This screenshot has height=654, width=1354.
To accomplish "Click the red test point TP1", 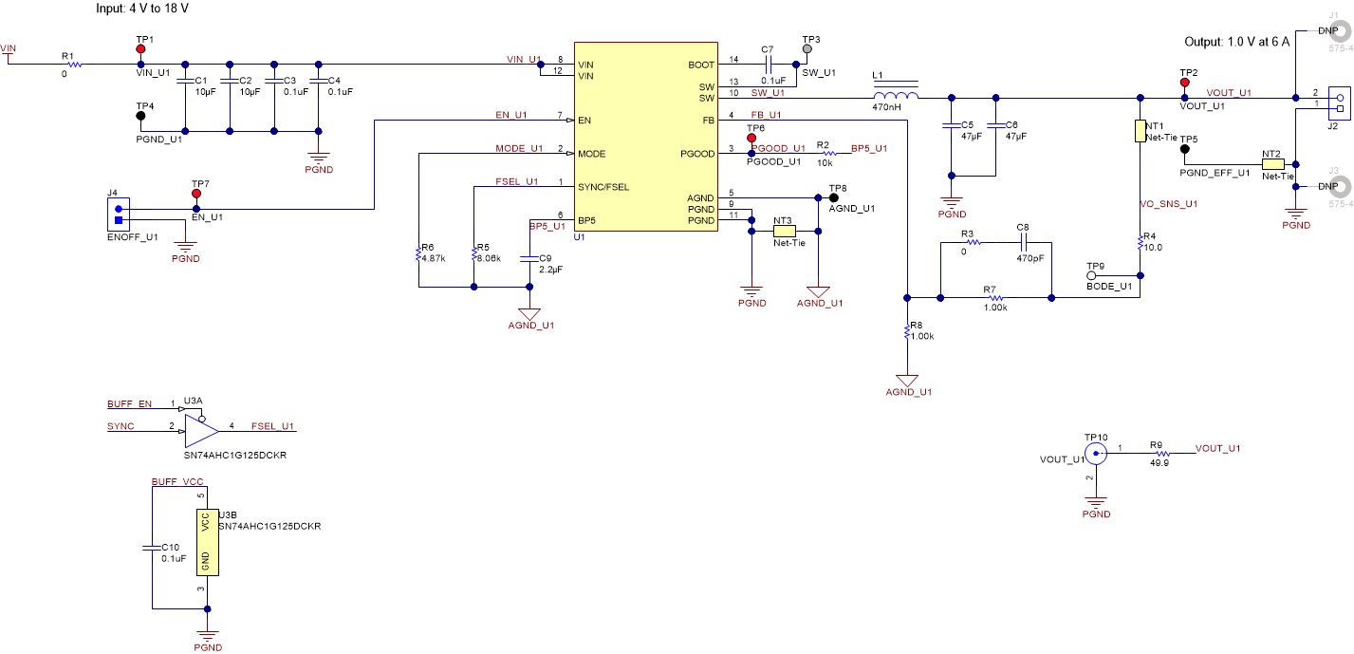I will (x=140, y=48).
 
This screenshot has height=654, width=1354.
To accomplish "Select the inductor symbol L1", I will (x=895, y=97).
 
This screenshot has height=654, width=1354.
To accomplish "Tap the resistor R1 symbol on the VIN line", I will (x=73, y=65).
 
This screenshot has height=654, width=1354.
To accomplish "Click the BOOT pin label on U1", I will (x=701, y=65).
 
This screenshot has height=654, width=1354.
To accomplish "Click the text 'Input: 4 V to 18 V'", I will (x=156, y=9).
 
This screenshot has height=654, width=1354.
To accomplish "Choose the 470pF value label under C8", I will (x=1029, y=257).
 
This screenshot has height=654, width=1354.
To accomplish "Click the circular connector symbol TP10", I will (x=1096, y=454).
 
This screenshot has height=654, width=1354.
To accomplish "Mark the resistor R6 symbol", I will (x=417, y=253).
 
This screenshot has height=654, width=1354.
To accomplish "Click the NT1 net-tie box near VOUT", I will (x=1141, y=131).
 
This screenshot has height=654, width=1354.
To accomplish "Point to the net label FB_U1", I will (x=766, y=114).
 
